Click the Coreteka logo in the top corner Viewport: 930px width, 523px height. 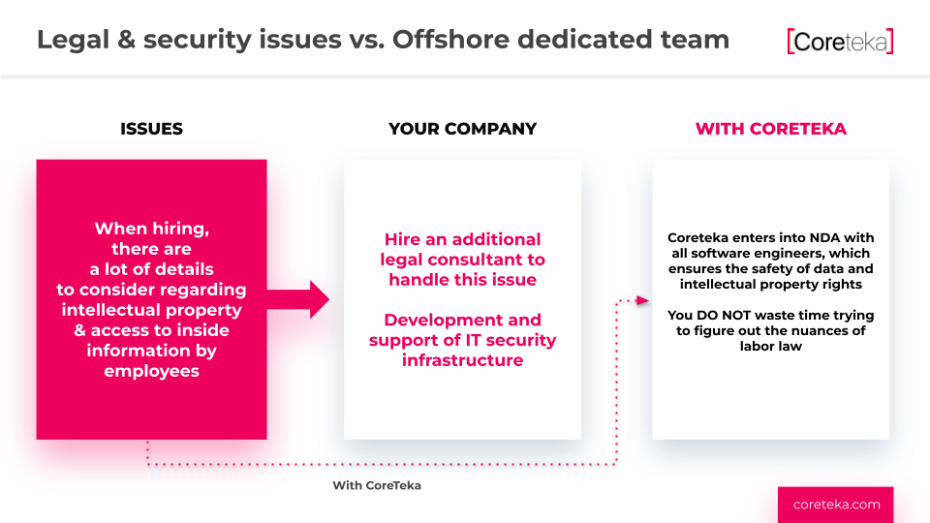click(x=840, y=42)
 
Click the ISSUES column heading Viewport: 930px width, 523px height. click(x=151, y=129)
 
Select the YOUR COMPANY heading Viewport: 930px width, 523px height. click(x=463, y=129)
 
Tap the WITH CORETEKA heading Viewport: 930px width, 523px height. click(x=770, y=129)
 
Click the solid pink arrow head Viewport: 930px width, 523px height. click(x=319, y=299)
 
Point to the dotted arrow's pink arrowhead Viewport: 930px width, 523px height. click(x=642, y=300)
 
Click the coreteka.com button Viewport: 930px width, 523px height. click(x=836, y=505)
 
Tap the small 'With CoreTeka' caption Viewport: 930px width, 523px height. click(x=377, y=485)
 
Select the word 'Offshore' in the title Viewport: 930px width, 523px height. click(x=450, y=40)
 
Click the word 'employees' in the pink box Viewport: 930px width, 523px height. click(x=152, y=371)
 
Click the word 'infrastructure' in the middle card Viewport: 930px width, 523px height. click(x=463, y=360)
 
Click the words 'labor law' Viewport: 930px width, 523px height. click(x=770, y=347)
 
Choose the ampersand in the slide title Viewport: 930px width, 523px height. click(x=126, y=40)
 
